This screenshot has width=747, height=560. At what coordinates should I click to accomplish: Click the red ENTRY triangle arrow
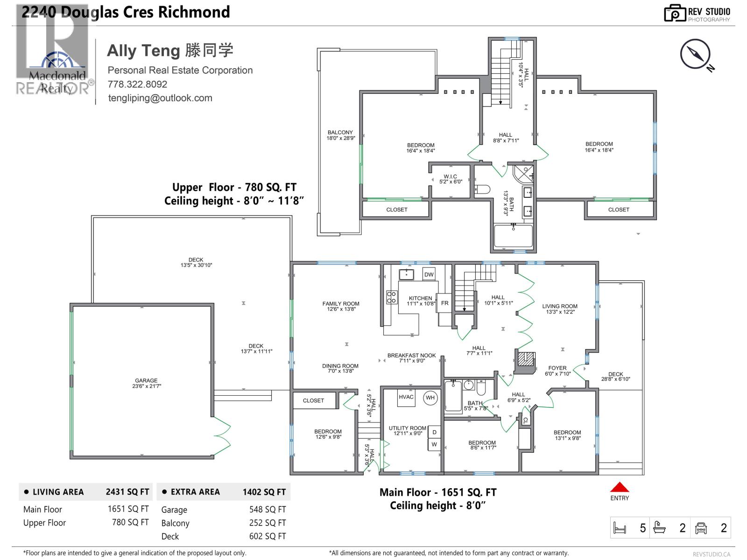620,487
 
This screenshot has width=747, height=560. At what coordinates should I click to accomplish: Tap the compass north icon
695,55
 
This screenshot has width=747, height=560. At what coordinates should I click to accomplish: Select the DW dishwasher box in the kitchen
429,274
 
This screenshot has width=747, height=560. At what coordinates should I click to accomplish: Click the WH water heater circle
430,398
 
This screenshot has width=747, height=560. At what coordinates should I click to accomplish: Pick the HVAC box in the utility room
406,397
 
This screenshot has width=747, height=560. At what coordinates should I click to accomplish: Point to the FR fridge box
444,303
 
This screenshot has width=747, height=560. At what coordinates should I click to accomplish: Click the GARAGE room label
146,383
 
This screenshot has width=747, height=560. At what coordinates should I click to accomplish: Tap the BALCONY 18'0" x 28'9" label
340,135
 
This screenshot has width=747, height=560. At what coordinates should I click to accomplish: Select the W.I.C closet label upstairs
451,179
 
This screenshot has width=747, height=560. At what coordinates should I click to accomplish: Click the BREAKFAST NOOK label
411,358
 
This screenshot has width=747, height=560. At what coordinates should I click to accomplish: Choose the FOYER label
557,371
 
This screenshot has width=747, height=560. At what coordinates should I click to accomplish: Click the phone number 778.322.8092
137,84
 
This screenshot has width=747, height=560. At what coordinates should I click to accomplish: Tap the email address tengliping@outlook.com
160,98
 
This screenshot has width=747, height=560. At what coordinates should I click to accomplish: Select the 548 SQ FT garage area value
267,510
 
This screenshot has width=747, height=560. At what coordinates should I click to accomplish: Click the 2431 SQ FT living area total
127,492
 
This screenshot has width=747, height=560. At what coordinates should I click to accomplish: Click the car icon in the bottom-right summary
701,528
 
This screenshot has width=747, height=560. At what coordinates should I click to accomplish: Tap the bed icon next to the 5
620,528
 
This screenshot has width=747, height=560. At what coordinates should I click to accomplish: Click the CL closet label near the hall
525,420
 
